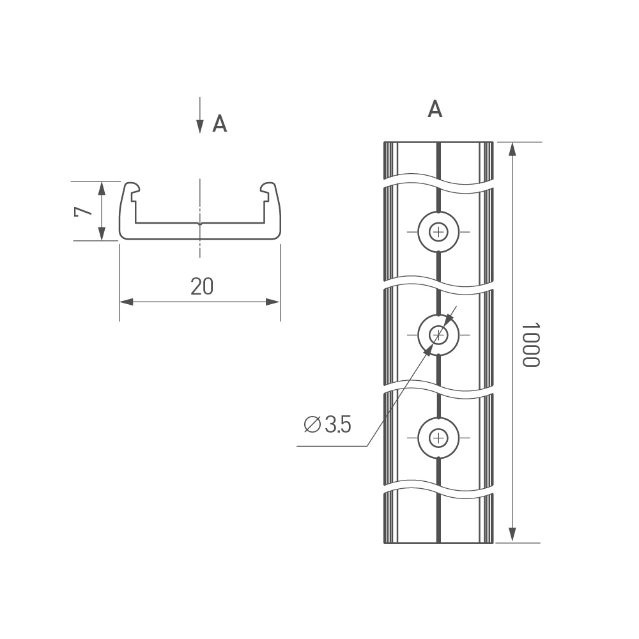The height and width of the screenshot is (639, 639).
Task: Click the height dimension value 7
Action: [83, 212]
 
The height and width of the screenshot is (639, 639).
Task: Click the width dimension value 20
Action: [202, 286]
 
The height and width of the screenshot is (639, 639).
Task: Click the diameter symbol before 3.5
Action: [312, 425]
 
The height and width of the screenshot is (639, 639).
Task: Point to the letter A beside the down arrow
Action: [219, 123]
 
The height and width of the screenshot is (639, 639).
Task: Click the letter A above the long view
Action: [435, 109]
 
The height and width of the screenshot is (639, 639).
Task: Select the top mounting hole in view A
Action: [438, 233]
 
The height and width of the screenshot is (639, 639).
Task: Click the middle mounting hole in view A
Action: [438, 335]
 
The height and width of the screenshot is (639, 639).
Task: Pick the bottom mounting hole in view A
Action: [438, 438]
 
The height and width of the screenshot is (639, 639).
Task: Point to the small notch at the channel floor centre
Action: [199, 223]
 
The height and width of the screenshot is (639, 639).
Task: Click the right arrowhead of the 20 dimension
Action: [273, 302]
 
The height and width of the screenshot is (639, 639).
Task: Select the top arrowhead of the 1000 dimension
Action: [512, 149]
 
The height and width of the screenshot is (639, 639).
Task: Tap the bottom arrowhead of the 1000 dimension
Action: [512, 535]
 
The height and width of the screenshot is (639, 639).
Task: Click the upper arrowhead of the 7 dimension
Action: [102, 189]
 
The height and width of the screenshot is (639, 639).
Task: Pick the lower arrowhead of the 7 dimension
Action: [102, 233]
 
